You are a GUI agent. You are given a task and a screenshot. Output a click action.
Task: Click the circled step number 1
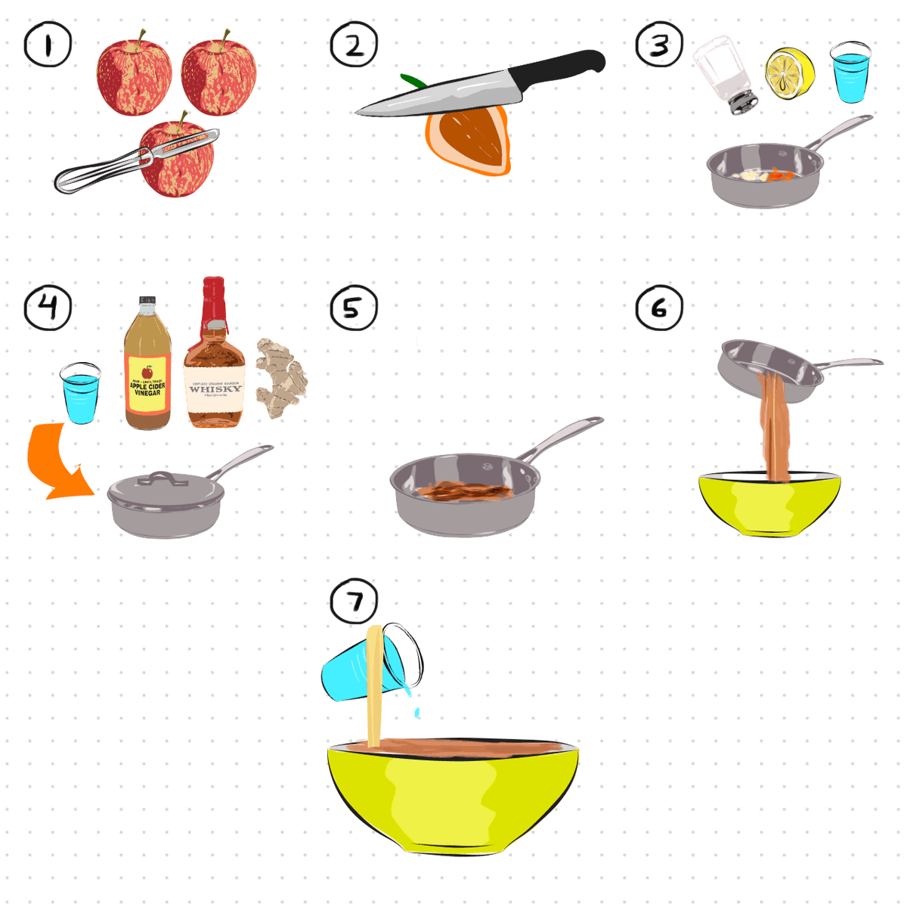click(x=48, y=45)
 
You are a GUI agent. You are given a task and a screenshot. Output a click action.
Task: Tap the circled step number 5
click(x=353, y=308)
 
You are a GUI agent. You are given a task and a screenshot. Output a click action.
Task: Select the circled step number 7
click(x=354, y=601)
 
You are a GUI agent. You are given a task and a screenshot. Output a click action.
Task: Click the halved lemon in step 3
click(x=790, y=74)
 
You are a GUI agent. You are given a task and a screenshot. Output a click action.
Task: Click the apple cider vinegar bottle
click(x=147, y=367)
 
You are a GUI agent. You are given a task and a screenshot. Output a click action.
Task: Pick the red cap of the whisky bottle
click(x=214, y=299)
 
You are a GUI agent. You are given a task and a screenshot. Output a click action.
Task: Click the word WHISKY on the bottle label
click(x=215, y=389)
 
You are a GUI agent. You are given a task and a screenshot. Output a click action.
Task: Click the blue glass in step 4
click(x=80, y=393)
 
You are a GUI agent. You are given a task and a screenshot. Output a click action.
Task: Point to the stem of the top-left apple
click(x=141, y=38)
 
